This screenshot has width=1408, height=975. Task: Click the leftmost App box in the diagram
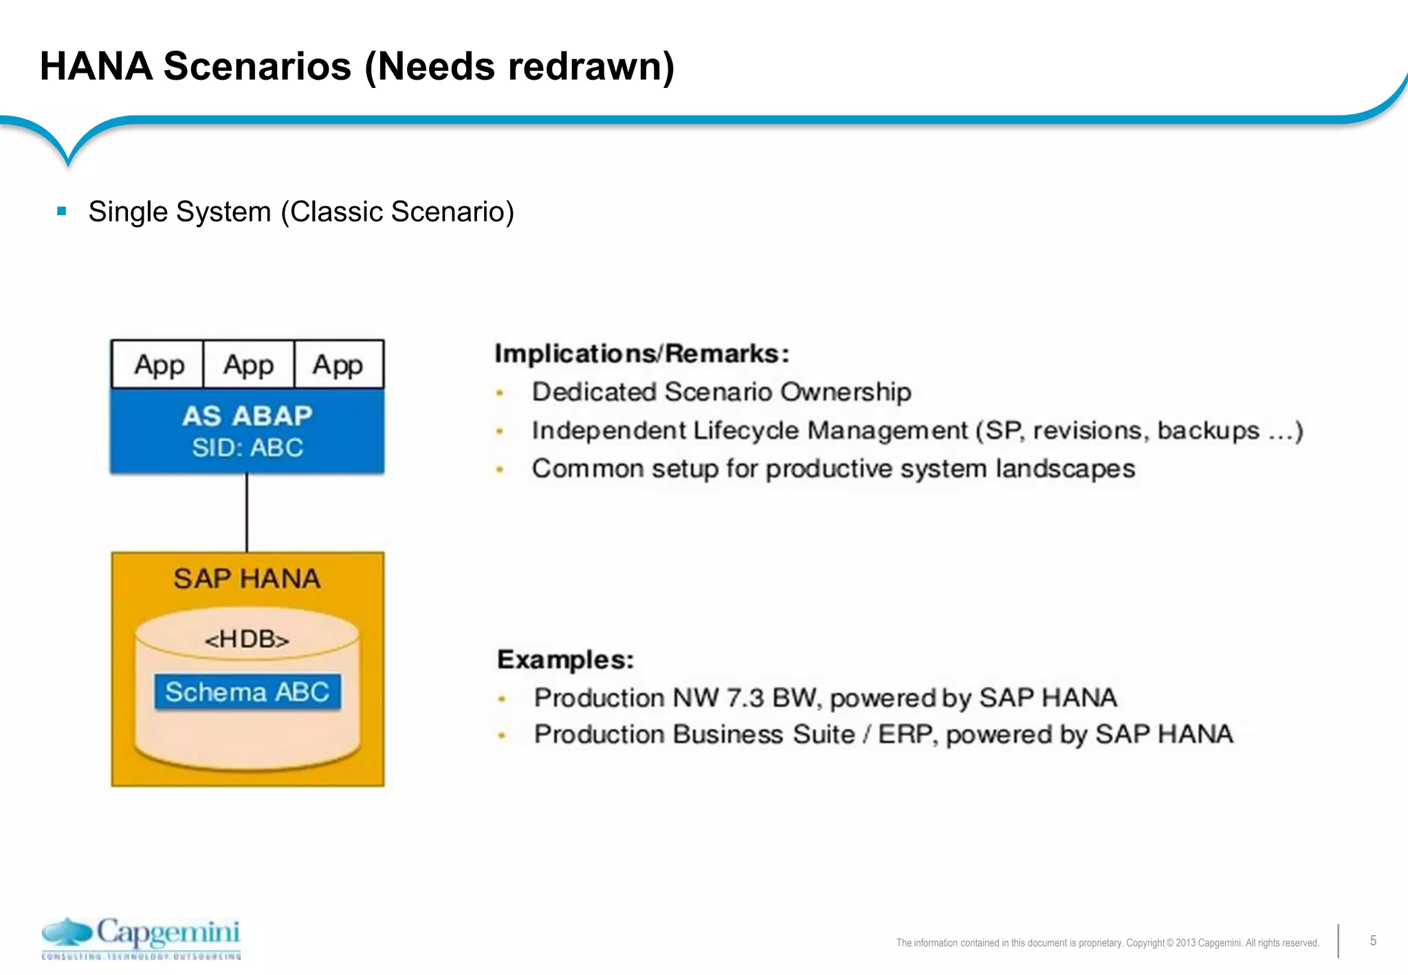click(x=159, y=364)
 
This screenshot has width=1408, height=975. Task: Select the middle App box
click(x=248, y=364)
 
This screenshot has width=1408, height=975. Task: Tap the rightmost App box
click(x=338, y=364)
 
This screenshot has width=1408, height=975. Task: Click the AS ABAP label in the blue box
click(x=247, y=416)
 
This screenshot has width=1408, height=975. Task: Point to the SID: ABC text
click(x=247, y=448)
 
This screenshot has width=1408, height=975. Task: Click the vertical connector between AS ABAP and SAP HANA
click(x=247, y=512)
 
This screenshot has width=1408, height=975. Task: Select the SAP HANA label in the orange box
click(x=247, y=579)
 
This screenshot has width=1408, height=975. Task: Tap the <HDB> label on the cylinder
click(x=247, y=639)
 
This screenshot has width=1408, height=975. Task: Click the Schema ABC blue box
click(x=247, y=692)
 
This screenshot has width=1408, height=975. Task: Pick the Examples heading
click(x=565, y=659)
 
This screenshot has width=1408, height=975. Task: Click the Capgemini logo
click(x=142, y=937)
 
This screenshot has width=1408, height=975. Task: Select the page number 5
click(x=1373, y=941)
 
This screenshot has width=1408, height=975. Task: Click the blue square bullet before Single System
click(x=62, y=211)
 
